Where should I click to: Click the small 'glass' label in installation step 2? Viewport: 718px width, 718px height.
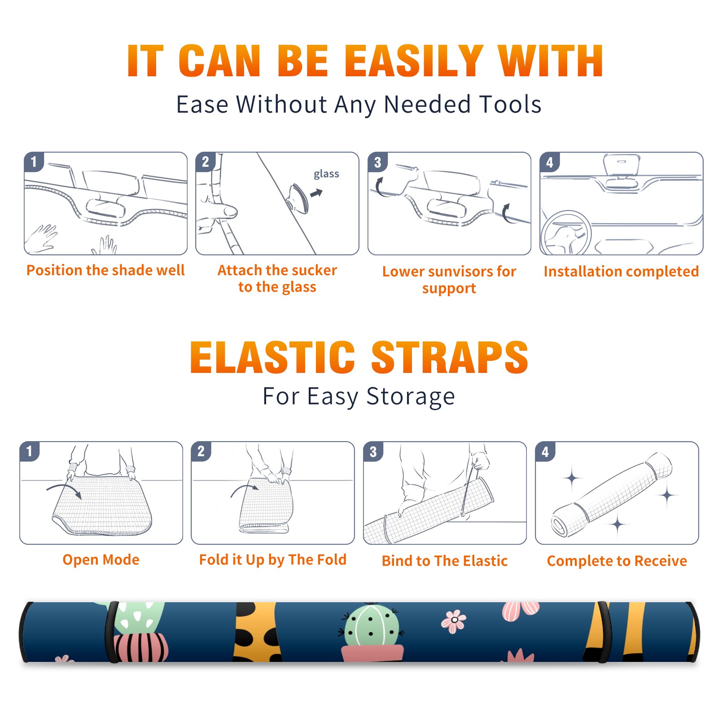tap(326, 174)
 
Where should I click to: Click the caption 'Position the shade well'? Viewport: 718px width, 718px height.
tap(105, 270)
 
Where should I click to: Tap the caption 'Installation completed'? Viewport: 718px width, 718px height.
tap(621, 271)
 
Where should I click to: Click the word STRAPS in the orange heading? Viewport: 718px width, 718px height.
tap(450, 357)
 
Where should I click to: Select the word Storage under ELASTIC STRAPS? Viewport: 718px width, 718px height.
tap(411, 397)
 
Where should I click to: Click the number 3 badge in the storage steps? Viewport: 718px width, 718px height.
tap(373, 451)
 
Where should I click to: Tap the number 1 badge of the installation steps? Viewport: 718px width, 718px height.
tap(34, 162)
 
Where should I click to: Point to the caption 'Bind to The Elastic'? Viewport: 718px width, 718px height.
tap(444, 561)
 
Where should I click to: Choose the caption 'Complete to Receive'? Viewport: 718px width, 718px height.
tap(617, 561)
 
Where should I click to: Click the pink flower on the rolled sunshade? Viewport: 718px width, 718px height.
tap(454, 621)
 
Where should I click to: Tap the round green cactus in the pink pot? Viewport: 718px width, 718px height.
tap(371, 625)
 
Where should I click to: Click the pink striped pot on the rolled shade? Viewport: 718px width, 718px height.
tap(140, 647)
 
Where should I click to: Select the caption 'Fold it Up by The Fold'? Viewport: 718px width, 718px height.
tap(273, 560)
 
